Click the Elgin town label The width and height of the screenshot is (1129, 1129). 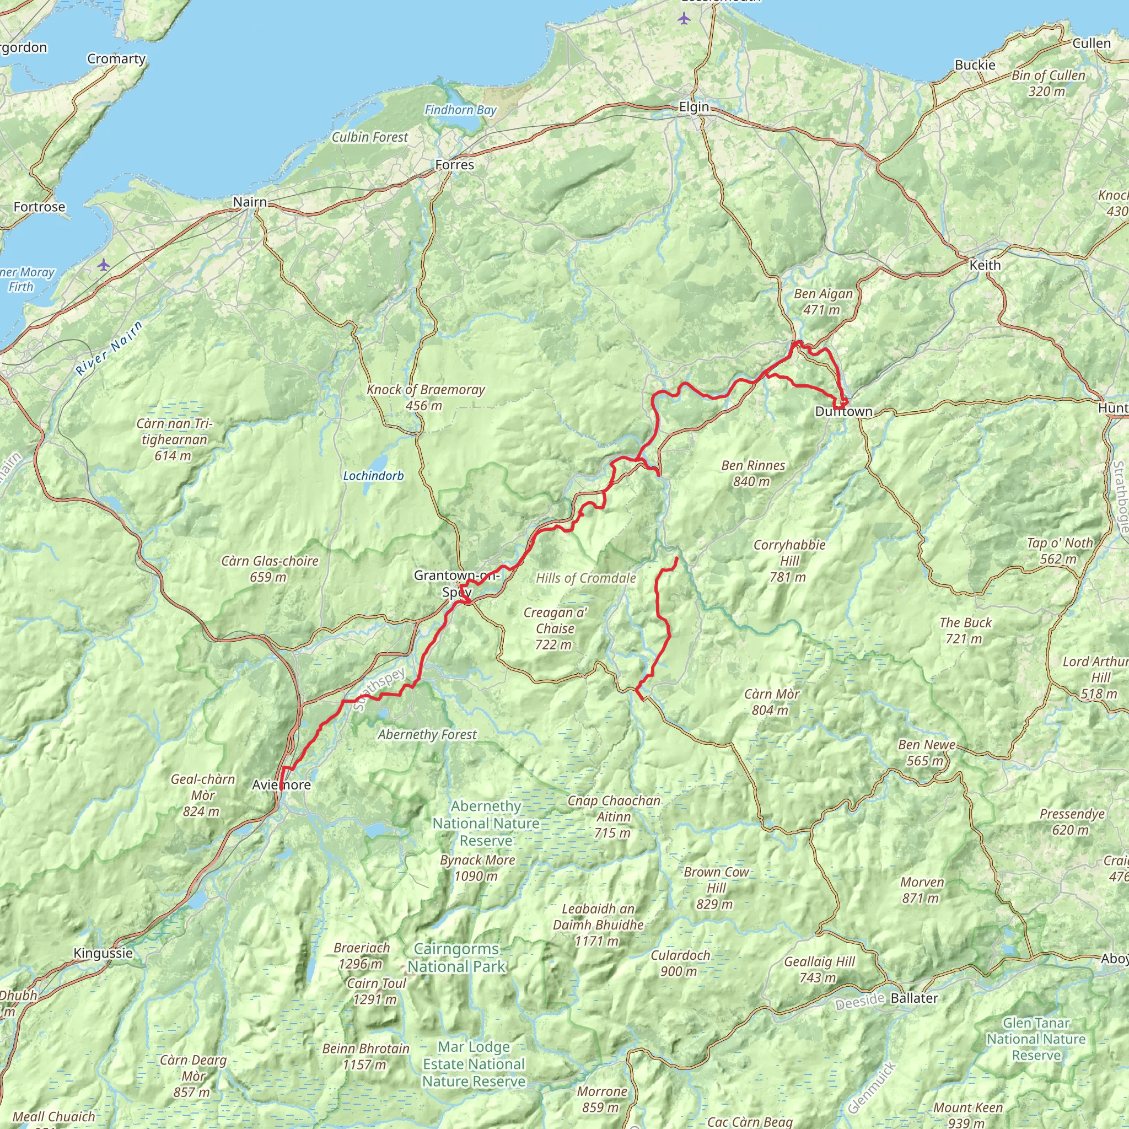[x=693, y=107]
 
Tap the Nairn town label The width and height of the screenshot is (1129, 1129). [x=250, y=202]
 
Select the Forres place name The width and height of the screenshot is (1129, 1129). [x=455, y=165]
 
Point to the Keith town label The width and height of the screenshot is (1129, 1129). [x=985, y=265]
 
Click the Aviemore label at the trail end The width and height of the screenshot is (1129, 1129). [x=281, y=785]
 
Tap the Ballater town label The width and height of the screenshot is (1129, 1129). [x=914, y=998]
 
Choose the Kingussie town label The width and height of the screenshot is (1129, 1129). [x=103, y=953]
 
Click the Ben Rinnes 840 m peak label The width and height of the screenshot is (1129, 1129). [x=752, y=474]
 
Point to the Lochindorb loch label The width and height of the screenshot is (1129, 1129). [x=373, y=476]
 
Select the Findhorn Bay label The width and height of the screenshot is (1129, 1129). [x=460, y=110]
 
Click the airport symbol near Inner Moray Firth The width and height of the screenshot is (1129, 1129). [x=104, y=265]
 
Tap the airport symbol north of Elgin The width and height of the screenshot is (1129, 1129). [x=684, y=19]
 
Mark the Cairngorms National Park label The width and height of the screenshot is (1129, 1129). [x=456, y=958]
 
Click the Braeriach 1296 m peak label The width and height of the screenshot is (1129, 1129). [x=361, y=955]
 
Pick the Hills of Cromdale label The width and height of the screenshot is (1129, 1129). [x=585, y=578]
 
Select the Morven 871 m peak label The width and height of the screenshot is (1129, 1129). [x=922, y=890]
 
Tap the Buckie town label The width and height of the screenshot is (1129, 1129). [x=975, y=65]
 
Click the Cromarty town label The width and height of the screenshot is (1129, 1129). [x=116, y=59]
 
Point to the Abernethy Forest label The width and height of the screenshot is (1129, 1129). [x=427, y=734]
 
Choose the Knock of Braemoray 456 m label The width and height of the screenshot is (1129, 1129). [x=426, y=397]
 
